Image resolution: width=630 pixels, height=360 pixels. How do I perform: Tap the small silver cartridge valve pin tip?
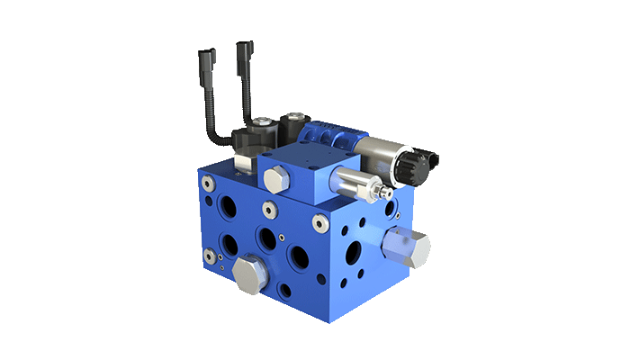point(388,193)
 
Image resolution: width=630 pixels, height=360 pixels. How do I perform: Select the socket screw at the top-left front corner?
point(209,184)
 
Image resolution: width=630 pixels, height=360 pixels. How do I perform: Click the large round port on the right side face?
point(353,253)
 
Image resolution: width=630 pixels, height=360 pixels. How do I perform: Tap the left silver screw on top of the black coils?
point(260,123)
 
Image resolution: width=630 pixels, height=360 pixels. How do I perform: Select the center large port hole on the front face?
point(267,237)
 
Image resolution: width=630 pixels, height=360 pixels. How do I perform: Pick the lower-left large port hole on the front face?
point(229,243)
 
